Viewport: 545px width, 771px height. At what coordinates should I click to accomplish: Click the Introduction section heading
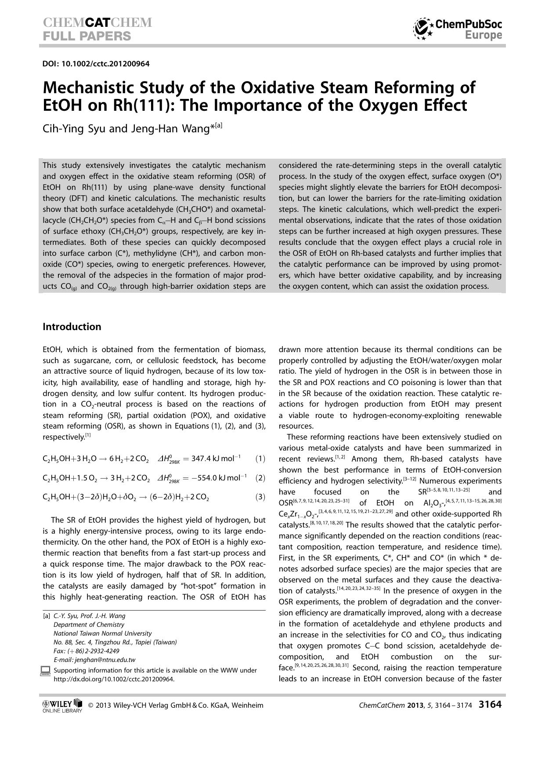[x=72, y=327]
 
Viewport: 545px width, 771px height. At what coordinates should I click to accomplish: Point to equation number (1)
[x=260, y=458]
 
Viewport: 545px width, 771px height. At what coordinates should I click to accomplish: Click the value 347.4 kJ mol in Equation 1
[x=215, y=458]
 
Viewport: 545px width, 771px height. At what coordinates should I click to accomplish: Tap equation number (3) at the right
[x=260, y=497]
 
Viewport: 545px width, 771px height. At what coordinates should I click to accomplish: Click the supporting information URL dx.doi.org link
[x=114, y=679]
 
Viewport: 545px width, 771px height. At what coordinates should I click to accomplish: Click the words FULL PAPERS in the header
[x=87, y=36]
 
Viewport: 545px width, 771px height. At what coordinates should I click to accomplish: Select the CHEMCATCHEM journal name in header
[x=97, y=23]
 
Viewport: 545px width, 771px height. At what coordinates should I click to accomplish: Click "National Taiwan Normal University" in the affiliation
[x=102, y=633]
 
